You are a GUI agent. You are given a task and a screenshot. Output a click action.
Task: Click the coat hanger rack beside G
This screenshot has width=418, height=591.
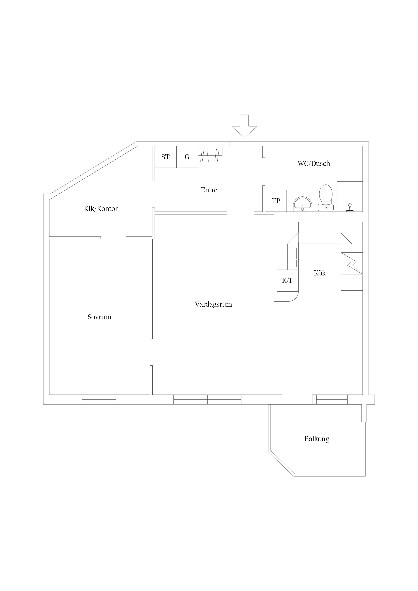click(210, 155)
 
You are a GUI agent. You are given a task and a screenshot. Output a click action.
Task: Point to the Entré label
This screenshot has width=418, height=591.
click(209, 190)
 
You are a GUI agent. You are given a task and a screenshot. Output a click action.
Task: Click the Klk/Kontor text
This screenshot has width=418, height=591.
click(101, 209)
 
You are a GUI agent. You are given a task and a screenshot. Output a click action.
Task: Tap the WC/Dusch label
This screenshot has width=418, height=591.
click(314, 163)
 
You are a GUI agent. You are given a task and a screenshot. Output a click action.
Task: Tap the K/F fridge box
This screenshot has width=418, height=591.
click(287, 280)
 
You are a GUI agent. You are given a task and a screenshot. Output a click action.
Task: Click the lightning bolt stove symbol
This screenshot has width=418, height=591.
click(352, 263)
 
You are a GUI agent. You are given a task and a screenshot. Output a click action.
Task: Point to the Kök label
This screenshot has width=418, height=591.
click(320, 273)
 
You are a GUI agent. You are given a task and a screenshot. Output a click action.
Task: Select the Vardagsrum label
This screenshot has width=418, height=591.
click(213, 304)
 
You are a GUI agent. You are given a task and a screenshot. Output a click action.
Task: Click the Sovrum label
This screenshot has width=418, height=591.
click(99, 317)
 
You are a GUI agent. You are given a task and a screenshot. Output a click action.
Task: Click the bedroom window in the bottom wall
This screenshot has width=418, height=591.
click(99, 399)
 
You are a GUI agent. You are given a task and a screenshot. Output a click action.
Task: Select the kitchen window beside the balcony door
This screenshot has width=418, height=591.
click(332, 399)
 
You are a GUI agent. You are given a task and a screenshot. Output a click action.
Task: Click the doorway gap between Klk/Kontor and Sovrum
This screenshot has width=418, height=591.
click(113, 238)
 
